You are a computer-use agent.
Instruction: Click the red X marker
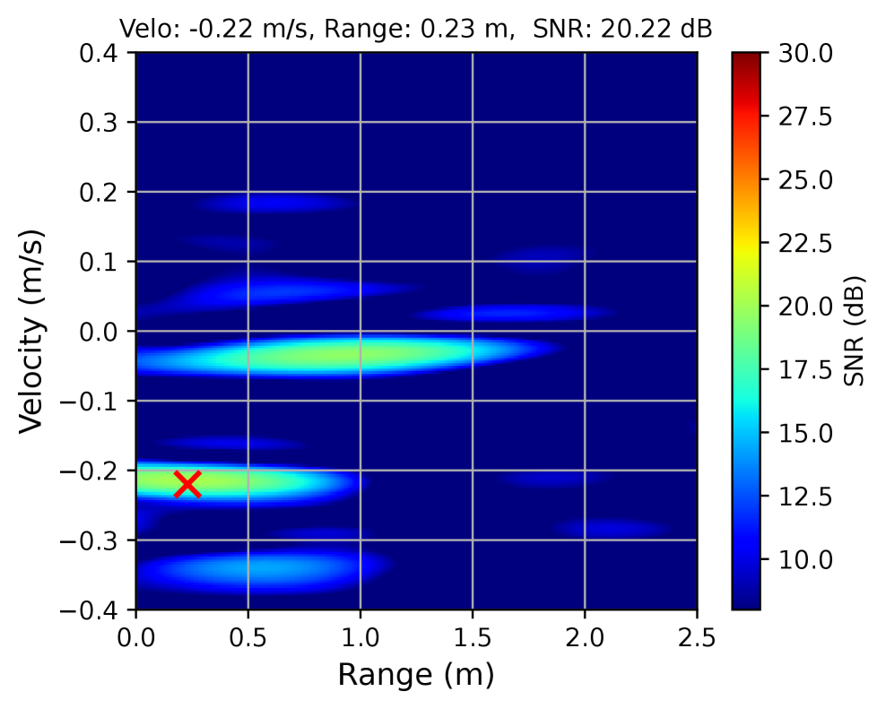click(x=187, y=484)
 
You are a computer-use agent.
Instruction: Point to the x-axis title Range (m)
click(x=416, y=674)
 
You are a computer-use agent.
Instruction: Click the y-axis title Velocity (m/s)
click(x=32, y=332)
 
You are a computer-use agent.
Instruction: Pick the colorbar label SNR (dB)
click(x=856, y=332)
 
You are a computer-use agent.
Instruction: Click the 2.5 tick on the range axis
click(x=697, y=637)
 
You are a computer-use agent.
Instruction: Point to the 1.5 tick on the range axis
click(x=473, y=637)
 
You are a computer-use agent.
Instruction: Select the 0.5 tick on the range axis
click(x=248, y=637)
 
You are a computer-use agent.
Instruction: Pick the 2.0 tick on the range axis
click(x=585, y=637)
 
